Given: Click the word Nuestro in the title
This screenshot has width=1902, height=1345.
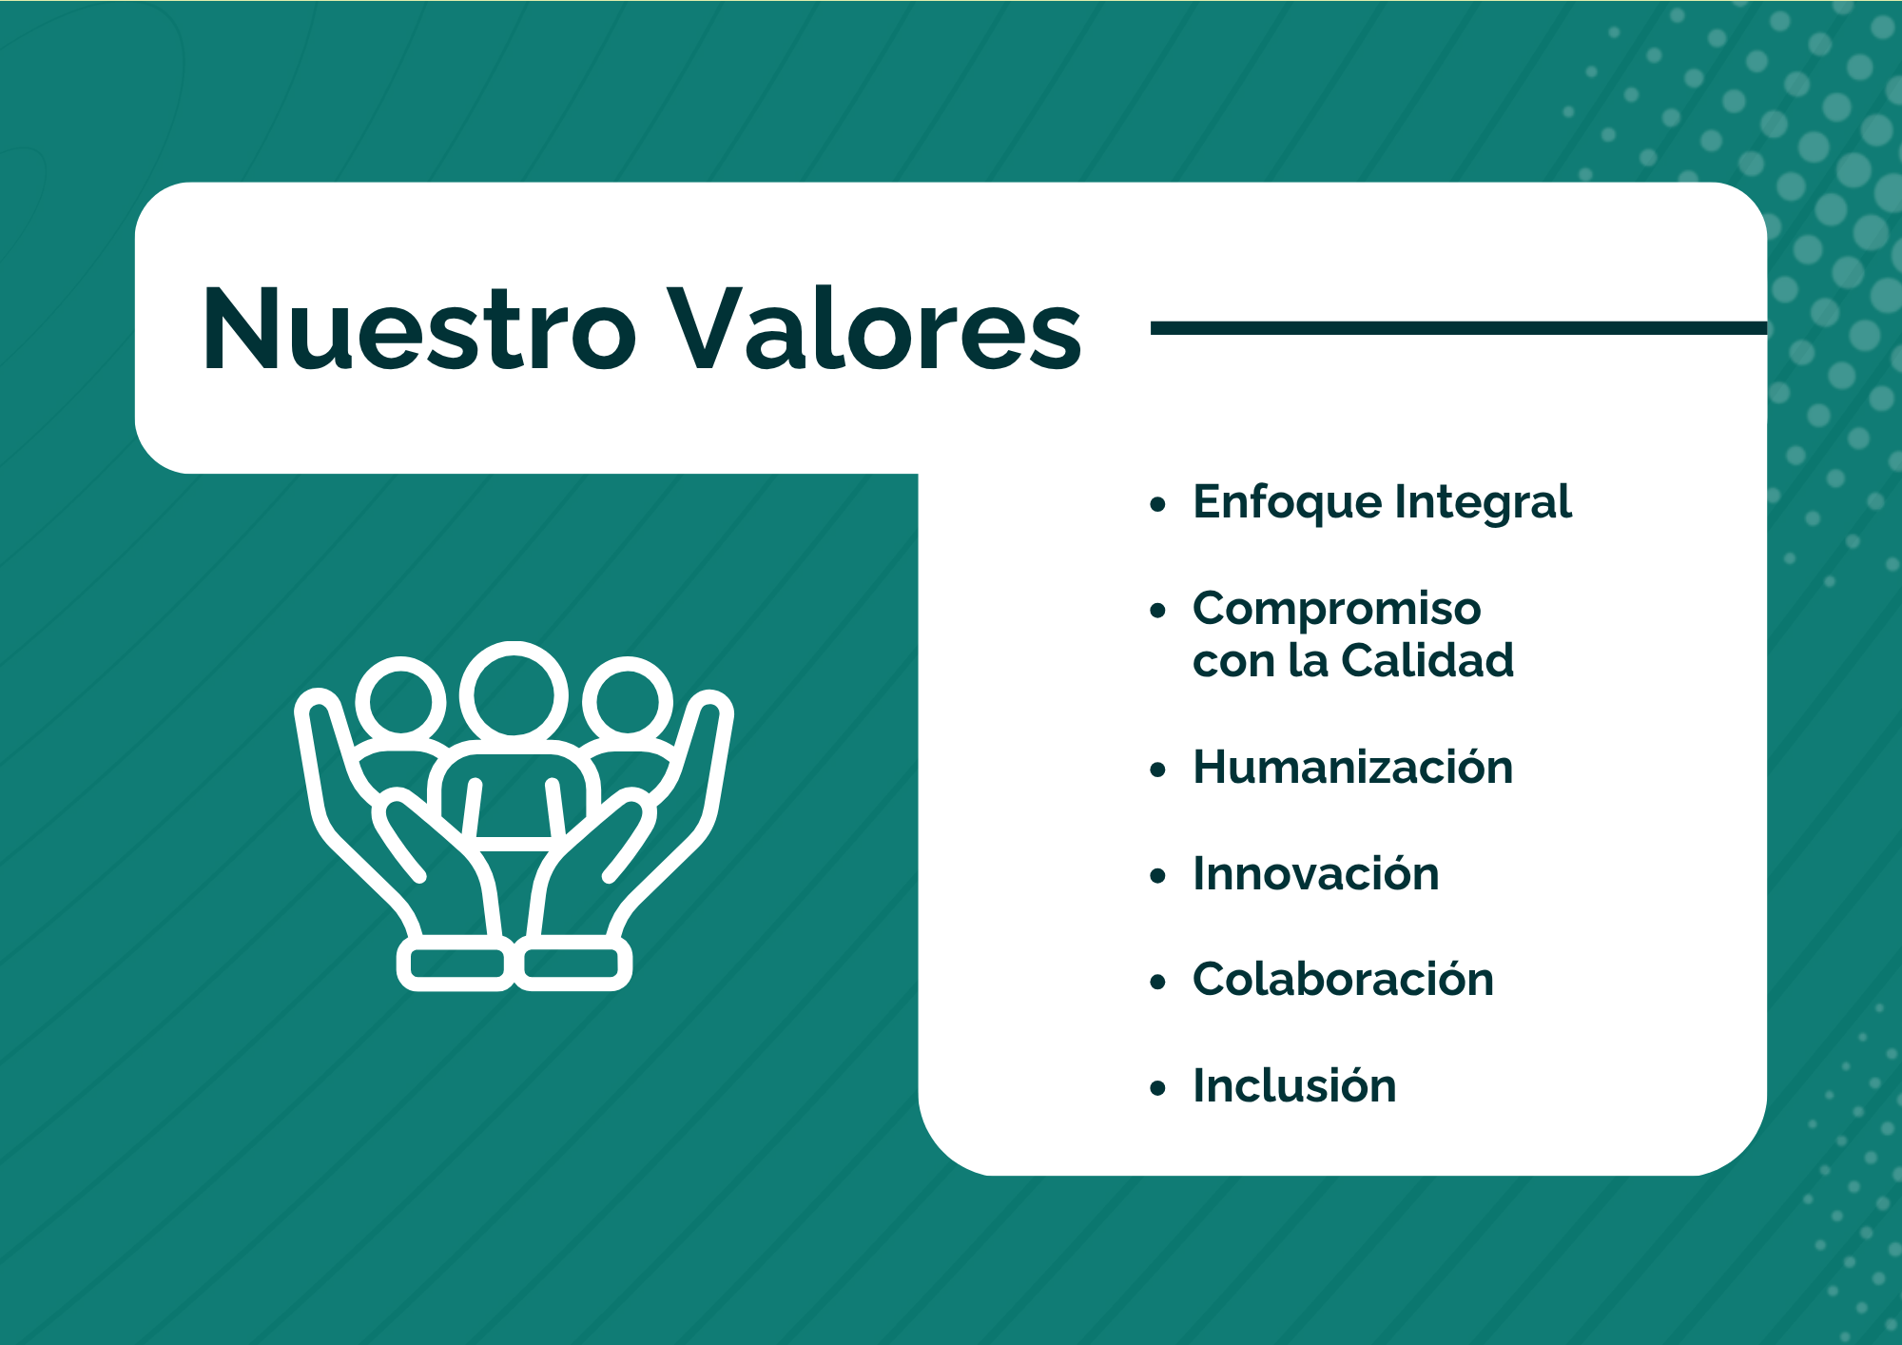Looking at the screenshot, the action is (419, 328).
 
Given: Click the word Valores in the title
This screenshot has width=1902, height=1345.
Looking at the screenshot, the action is (874, 328).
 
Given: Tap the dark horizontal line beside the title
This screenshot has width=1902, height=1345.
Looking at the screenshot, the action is (1459, 328).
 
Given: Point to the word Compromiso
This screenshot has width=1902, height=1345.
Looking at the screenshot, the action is (1337, 610).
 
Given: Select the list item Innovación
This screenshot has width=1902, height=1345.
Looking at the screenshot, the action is (1316, 872).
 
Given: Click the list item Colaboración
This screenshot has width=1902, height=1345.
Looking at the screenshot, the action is (1343, 979).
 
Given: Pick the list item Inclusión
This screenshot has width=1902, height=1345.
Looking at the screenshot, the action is (1294, 1085).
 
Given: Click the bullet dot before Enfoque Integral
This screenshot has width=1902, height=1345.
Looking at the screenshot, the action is (1157, 505).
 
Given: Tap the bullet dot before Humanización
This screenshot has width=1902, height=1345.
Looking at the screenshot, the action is (1157, 770).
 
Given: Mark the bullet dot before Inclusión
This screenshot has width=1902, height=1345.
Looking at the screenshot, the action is (1157, 1088).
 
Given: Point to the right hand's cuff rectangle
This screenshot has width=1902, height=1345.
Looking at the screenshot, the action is (573, 964).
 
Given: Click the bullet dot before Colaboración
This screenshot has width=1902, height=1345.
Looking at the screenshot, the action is (1157, 982).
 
